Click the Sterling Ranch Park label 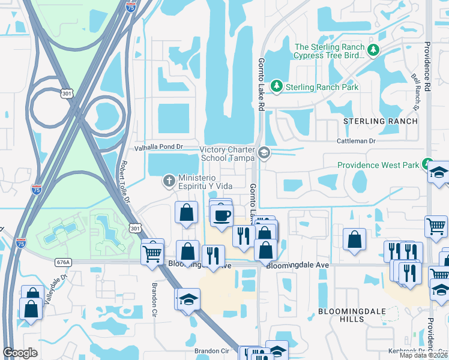coord(322,87)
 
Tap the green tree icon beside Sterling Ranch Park coord(277,87)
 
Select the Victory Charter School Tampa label coord(227,153)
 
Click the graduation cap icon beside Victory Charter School coord(264,154)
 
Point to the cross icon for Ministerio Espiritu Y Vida coord(169,180)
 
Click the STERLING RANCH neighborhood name coord(380,121)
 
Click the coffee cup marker coord(221,215)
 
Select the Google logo coord(20,353)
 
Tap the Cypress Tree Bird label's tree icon coord(374,49)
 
